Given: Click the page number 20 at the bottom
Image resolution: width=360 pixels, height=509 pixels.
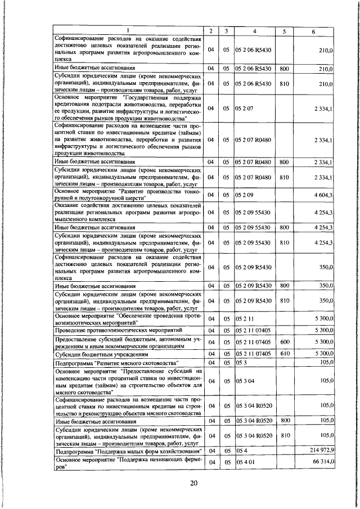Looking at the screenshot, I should point(194,483).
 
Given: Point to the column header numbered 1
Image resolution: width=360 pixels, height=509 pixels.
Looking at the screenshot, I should point(128,30).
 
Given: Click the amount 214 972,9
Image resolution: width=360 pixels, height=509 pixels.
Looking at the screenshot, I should point(320,451).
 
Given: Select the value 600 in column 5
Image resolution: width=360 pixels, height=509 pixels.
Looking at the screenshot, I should point(283,342).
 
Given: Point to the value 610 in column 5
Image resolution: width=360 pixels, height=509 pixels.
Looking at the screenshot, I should point(283,354).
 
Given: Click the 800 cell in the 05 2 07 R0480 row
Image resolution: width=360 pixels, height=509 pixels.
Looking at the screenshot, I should point(283,163).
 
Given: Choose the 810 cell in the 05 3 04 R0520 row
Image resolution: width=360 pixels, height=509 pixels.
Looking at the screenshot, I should point(283,436).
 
